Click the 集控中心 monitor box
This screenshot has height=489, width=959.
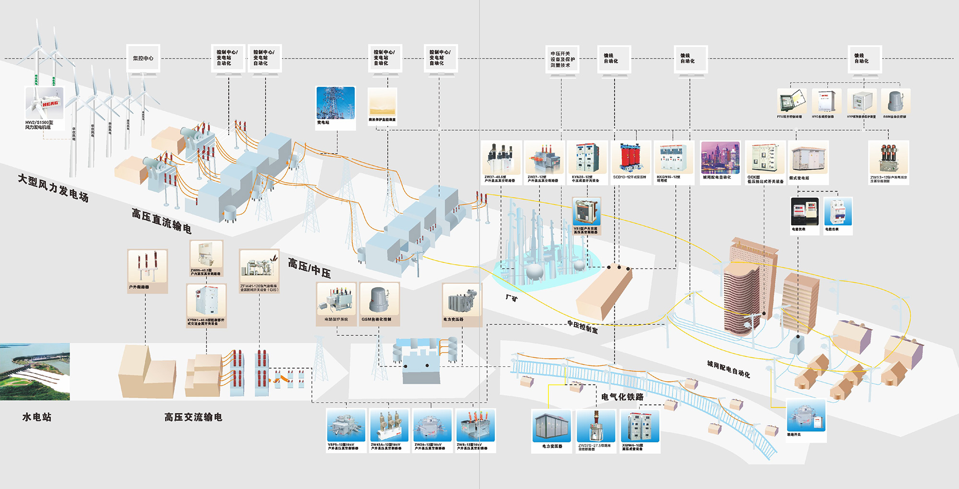(x=143, y=58)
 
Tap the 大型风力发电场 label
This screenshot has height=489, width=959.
(x=53, y=188)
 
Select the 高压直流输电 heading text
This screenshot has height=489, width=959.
(x=162, y=221)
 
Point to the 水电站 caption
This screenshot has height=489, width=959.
(x=37, y=417)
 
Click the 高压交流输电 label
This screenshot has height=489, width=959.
(x=193, y=417)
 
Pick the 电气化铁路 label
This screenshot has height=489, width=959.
(x=622, y=397)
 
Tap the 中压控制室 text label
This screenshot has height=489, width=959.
(x=583, y=327)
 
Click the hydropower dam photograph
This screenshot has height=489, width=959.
(x=35, y=372)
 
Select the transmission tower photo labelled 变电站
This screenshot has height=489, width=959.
(x=336, y=103)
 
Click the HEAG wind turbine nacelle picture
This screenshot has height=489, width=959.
(x=44, y=103)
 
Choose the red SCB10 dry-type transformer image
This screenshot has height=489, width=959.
(x=631, y=157)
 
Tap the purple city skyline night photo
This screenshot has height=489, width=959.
(x=720, y=157)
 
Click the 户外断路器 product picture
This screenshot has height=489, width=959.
(x=148, y=267)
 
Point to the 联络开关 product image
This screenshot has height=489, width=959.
(x=806, y=415)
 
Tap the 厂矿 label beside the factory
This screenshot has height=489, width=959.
(x=512, y=298)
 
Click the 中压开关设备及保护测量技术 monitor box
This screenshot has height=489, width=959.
(x=562, y=59)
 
